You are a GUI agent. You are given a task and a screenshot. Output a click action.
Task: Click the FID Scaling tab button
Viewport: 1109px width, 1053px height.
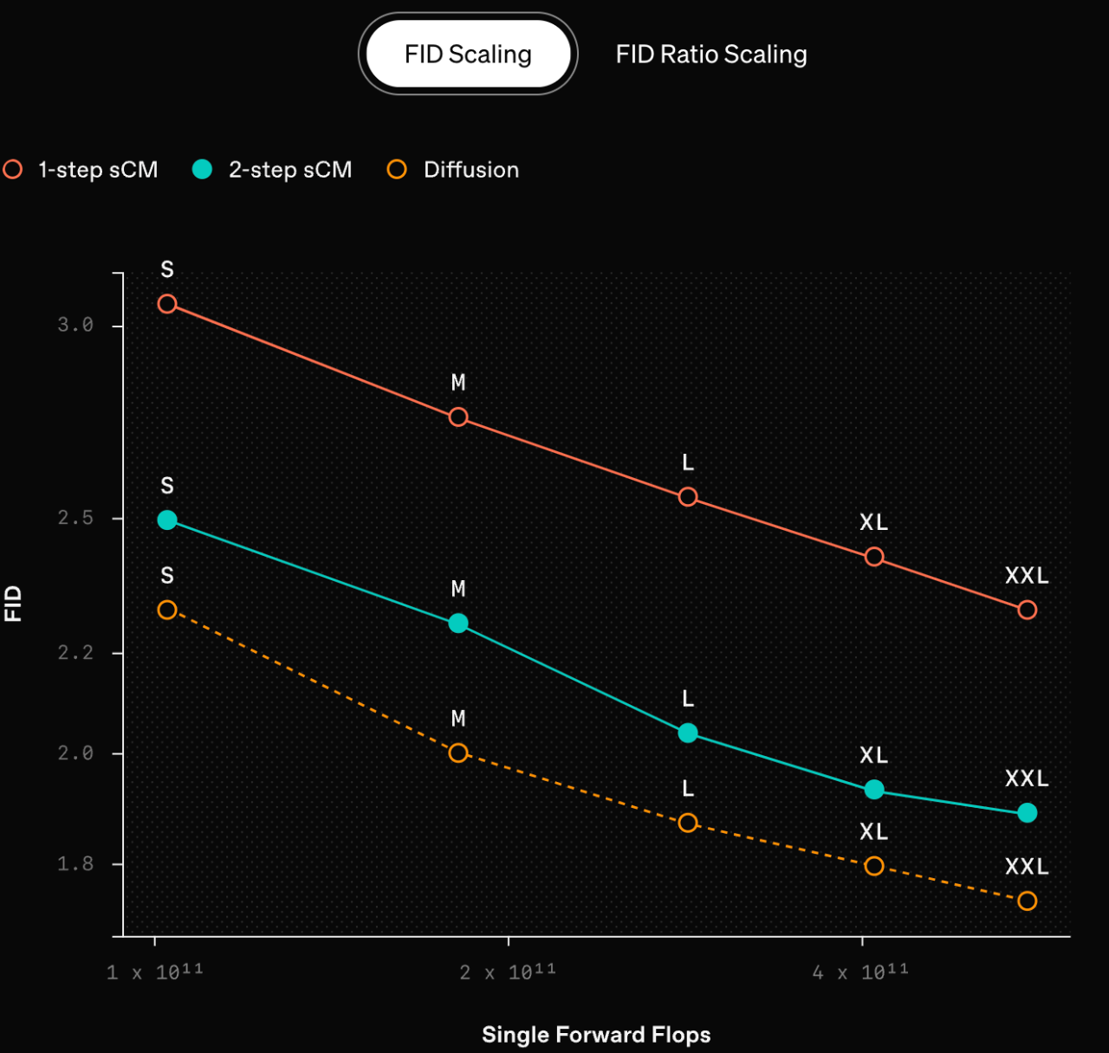pos(468,55)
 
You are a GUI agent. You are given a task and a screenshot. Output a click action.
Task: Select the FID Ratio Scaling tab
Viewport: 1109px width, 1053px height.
pos(710,55)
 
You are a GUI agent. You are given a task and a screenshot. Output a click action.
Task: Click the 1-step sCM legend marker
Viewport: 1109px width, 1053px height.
pos(12,169)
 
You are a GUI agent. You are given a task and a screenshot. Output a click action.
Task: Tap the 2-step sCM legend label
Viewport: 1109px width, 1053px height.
pos(290,170)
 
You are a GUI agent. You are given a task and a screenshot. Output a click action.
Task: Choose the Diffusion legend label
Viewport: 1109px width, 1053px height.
pos(471,170)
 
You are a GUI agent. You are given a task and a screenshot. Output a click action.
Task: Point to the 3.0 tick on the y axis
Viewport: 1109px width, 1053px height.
pos(75,325)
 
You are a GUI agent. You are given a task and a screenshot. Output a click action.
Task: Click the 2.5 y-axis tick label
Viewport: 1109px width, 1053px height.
pos(75,518)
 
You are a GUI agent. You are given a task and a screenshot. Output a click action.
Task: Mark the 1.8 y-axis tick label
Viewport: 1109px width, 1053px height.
pos(75,863)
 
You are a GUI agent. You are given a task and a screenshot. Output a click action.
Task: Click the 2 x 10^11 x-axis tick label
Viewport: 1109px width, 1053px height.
pos(508,972)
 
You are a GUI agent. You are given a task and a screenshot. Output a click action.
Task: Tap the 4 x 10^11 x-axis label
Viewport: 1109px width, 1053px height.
pos(860,972)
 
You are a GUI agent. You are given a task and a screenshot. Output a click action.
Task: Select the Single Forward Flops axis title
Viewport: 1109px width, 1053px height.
pos(596,1035)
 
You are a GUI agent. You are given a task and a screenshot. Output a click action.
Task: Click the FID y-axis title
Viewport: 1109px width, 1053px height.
pos(12,604)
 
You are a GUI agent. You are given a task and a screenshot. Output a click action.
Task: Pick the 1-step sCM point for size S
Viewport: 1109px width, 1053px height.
pos(167,304)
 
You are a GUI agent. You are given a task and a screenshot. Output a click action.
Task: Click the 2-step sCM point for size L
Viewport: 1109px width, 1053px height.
pos(688,733)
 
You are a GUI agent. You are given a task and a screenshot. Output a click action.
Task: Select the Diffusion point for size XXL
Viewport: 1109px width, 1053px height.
pos(1028,901)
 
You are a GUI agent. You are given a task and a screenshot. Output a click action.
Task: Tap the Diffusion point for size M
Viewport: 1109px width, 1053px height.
pos(458,753)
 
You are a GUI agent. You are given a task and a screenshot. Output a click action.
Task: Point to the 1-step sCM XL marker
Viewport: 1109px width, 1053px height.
pos(874,557)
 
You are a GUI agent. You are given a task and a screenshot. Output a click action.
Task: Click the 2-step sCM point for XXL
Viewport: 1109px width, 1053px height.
pos(1028,813)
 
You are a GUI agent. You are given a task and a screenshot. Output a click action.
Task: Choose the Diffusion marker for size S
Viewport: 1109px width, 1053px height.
pos(167,610)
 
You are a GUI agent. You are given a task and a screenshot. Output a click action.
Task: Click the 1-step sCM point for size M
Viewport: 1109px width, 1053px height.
pos(458,417)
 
